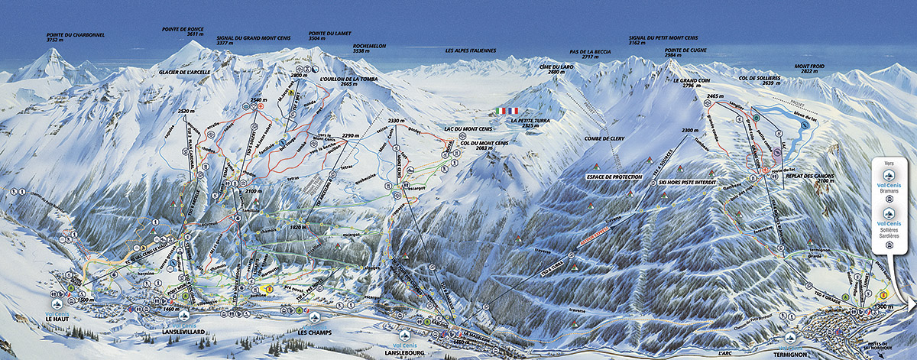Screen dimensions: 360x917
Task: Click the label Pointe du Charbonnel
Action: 74,35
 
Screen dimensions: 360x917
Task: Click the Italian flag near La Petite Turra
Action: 506,111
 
